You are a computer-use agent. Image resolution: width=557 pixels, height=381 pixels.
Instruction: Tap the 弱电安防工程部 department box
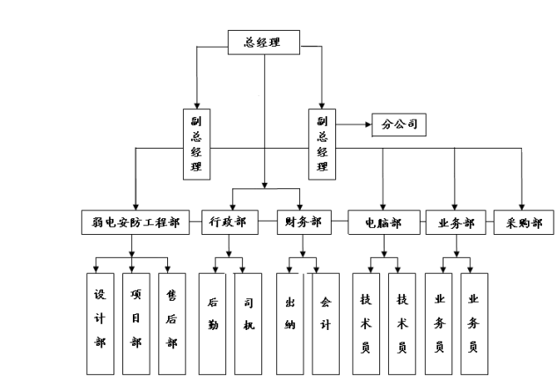135,223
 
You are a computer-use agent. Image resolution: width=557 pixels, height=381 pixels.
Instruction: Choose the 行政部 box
230,223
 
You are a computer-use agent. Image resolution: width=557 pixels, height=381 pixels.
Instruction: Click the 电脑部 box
383,223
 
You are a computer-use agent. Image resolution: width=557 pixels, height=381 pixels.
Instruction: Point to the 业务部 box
455,223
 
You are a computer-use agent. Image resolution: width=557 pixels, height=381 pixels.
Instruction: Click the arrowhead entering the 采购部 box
521,205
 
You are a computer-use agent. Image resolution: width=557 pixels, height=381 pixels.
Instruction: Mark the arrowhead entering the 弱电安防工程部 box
135,205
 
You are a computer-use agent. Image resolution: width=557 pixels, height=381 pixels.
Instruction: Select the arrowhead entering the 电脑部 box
384,205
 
